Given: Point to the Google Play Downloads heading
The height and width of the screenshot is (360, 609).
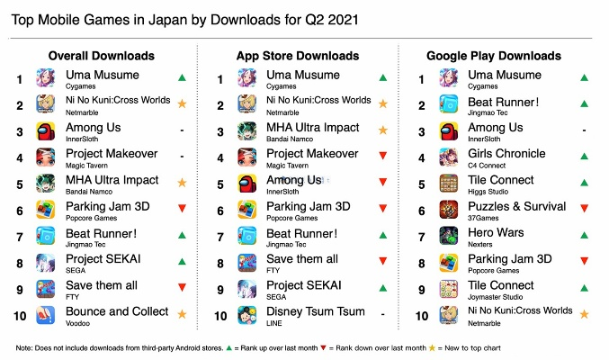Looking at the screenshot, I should (x=493, y=56).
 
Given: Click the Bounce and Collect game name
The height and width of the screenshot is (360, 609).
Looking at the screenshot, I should (x=117, y=311).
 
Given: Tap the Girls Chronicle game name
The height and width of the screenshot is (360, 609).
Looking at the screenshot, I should (x=507, y=154).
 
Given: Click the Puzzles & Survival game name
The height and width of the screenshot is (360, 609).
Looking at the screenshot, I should (x=515, y=206).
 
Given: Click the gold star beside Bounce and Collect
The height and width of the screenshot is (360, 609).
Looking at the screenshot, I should (x=184, y=314).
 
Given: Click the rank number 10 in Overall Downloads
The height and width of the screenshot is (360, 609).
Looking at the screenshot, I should (x=18, y=315).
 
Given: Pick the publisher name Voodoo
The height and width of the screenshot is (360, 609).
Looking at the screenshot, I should (x=80, y=323).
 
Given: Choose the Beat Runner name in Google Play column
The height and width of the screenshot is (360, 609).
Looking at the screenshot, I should (x=504, y=102).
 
